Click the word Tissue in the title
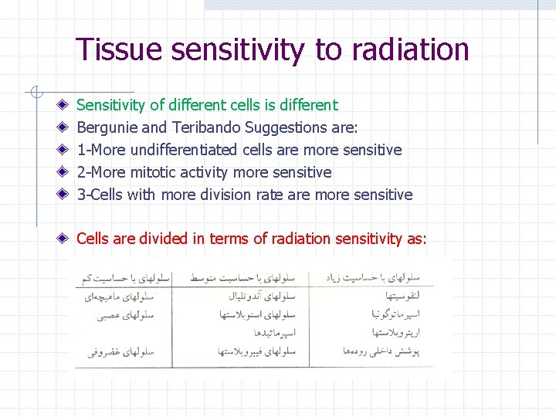pos(119,49)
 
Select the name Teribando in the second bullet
pos(201,127)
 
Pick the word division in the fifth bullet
pos(225,195)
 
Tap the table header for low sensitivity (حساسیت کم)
pos(124,276)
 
